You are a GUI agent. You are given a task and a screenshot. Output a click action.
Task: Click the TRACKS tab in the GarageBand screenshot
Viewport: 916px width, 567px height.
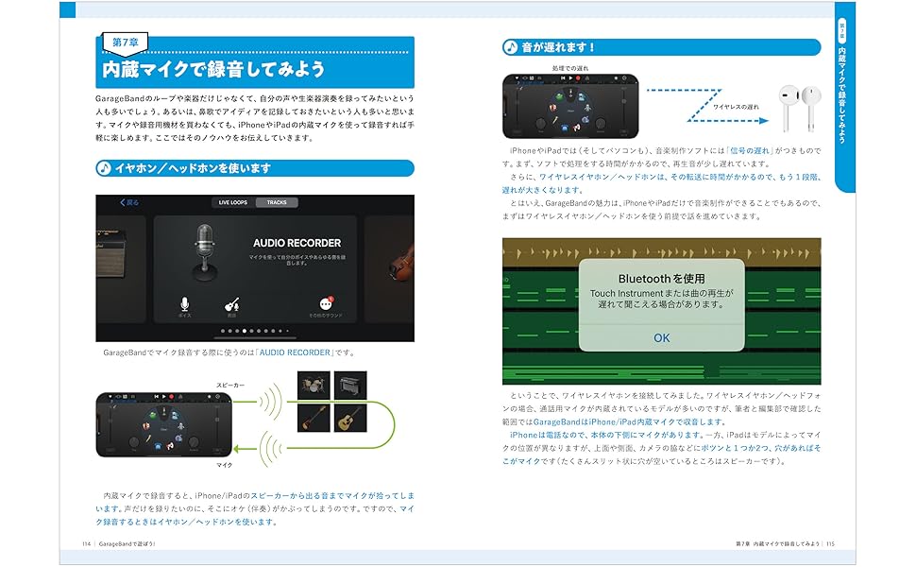pyautogui.click(x=277, y=202)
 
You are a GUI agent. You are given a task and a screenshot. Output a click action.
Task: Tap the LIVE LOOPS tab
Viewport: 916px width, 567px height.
pyautogui.click(x=231, y=202)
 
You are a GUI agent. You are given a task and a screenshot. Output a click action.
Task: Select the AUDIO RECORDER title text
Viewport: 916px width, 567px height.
pyautogui.click(x=297, y=243)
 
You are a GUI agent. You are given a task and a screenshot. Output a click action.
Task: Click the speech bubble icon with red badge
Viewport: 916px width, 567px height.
pyautogui.click(x=326, y=303)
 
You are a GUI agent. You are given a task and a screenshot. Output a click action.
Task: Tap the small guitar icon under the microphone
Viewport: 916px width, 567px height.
pyautogui.click(x=230, y=304)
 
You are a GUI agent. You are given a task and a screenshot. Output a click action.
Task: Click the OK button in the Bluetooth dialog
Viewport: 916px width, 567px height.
pyautogui.click(x=661, y=337)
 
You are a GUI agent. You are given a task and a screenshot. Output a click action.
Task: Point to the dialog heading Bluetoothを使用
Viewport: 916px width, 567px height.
pyautogui.click(x=661, y=279)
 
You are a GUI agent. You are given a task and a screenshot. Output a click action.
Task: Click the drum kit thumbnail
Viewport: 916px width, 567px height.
pyautogui.click(x=312, y=384)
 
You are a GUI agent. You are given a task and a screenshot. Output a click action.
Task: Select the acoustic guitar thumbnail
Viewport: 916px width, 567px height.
pyautogui.click(x=350, y=418)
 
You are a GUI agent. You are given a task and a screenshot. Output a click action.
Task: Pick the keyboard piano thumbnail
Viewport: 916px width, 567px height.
pyautogui.click(x=350, y=384)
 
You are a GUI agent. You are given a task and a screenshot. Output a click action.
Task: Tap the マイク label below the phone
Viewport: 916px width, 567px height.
pyautogui.click(x=225, y=465)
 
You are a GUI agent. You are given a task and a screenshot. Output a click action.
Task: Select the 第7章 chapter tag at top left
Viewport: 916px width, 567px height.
pyautogui.click(x=126, y=43)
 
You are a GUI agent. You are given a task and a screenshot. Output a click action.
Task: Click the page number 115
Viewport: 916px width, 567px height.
pyautogui.click(x=831, y=544)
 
